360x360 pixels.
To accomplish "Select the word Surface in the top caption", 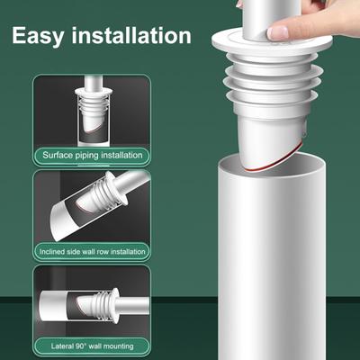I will tap(60, 155).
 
